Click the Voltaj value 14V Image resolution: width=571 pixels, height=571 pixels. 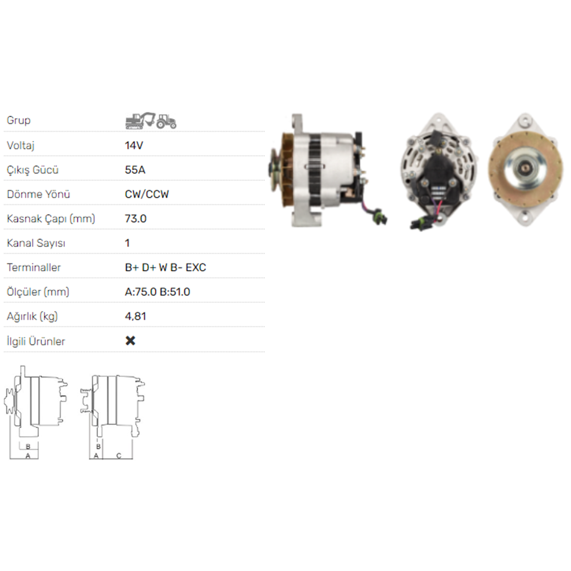[134, 145]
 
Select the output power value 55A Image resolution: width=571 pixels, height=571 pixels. [135, 170]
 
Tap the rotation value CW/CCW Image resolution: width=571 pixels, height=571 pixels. [147, 194]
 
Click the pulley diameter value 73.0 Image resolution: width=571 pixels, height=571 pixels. [136, 219]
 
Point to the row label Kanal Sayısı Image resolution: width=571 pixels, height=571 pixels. [36, 243]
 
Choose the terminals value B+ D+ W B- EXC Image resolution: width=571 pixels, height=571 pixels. [166, 267]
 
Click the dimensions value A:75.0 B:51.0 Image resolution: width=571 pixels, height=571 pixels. [158, 292]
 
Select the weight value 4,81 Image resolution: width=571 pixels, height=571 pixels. [136, 316]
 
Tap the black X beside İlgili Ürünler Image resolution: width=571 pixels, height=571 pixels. [130, 341]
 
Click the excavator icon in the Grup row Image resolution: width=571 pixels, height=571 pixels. [140, 120]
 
